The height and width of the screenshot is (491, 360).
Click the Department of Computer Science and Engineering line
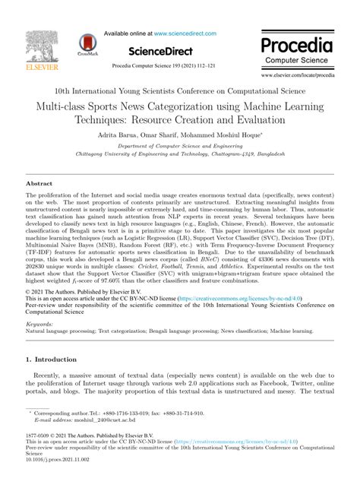(180, 145)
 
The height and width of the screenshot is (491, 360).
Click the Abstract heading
(45, 184)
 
